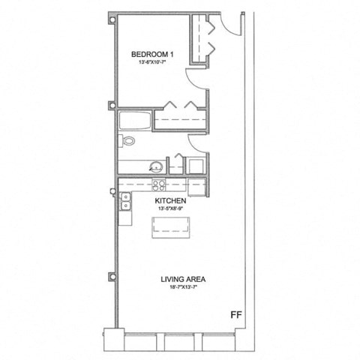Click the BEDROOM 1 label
tap(152, 54)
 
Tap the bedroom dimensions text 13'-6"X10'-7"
tap(152, 63)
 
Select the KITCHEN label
tap(170, 202)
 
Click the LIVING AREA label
tap(183, 280)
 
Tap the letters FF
tap(234, 316)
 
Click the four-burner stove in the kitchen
tap(158, 184)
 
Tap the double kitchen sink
tap(125, 200)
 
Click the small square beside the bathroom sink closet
tap(196, 166)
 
